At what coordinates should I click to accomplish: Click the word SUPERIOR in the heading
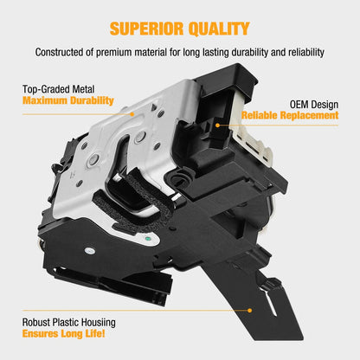pos(146,29)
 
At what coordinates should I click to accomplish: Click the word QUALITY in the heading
pos(219,29)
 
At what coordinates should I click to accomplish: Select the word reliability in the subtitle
pos(306,52)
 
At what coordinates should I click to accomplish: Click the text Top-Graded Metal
pos(58,89)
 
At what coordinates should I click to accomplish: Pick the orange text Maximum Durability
pos(68,100)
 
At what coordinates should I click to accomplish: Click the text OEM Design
pos(314,105)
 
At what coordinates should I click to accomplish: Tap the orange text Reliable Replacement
pos(290,115)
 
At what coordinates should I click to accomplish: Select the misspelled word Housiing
pos(99,323)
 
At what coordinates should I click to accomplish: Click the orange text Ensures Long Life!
pos(63,334)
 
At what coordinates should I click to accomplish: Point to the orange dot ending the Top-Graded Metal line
pos(132,114)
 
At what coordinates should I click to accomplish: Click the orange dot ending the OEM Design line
pos(218,125)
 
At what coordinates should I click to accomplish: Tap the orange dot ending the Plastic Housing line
pos(249,311)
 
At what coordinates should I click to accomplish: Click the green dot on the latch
pos(148,239)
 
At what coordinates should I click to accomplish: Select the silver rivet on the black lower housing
pos(90,251)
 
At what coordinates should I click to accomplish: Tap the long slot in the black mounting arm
pos(270,303)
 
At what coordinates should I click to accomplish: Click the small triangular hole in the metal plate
pos(155,106)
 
